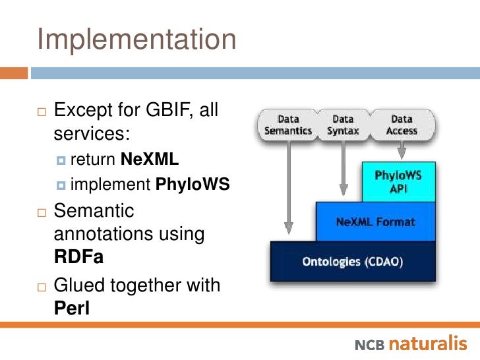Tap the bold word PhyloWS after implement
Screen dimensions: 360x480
click(x=193, y=185)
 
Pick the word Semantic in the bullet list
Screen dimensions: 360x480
click(x=94, y=211)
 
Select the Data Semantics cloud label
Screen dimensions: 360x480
click(x=288, y=125)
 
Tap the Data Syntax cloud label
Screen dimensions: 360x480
click(x=343, y=125)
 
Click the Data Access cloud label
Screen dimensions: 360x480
click(x=402, y=125)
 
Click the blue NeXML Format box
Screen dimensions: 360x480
click(x=375, y=222)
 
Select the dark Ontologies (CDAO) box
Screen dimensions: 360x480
click(x=352, y=261)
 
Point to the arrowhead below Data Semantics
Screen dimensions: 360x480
click(x=287, y=231)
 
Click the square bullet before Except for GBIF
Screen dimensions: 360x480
click(x=42, y=110)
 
